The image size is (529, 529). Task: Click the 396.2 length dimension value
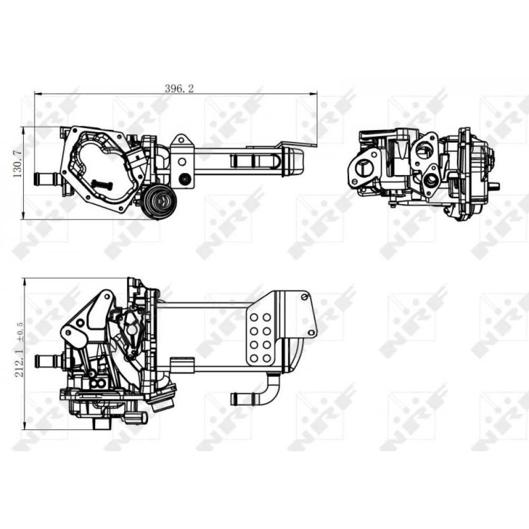click(x=179, y=89)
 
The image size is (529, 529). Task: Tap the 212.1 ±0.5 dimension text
click(x=19, y=349)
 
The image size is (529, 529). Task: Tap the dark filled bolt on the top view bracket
click(x=185, y=179)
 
